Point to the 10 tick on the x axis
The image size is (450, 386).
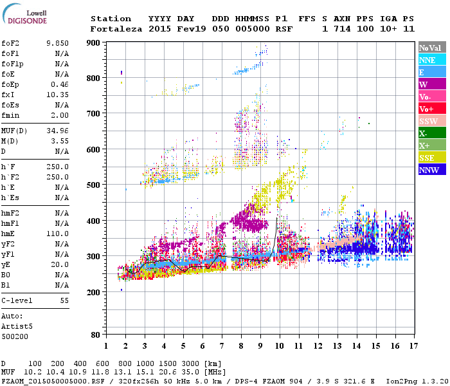278,346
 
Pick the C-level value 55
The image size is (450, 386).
64,300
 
